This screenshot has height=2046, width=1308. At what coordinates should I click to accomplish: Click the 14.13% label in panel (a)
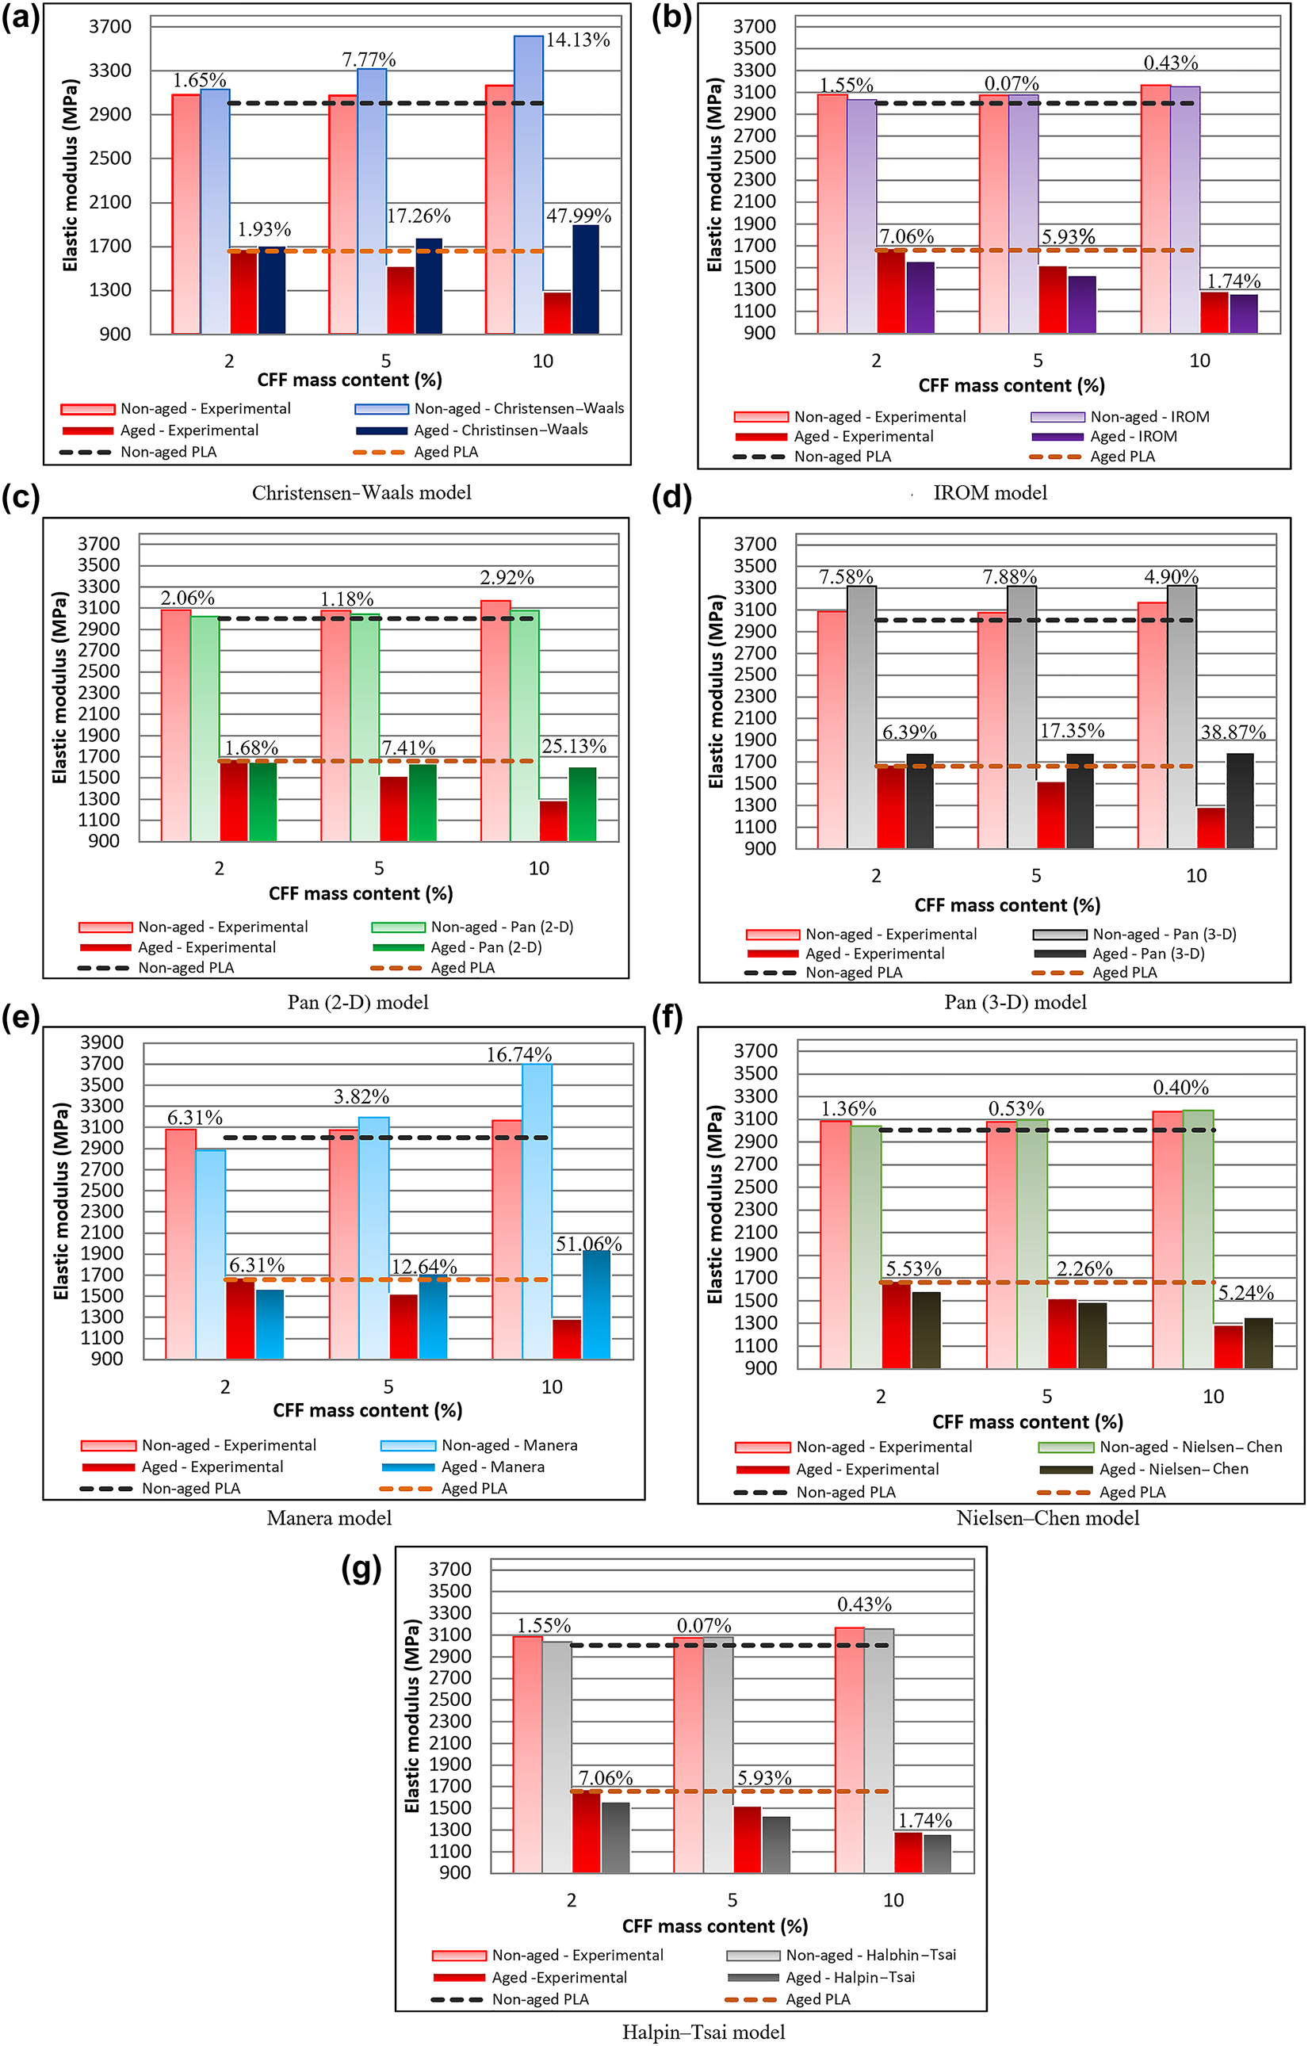[577, 40]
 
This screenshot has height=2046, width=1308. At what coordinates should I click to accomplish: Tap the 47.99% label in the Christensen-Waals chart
[578, 216]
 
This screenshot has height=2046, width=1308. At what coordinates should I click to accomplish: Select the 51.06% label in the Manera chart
[588, 1244]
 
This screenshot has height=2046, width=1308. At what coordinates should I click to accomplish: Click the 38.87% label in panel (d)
[1233, 732]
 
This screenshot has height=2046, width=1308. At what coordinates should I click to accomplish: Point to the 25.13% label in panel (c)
[574, 746]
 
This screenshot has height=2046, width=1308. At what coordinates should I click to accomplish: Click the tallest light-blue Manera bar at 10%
[537, 1207]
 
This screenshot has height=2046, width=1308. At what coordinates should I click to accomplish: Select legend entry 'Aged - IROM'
[1133, 436]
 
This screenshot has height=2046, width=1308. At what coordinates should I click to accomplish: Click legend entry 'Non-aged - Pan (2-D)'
[502, 926]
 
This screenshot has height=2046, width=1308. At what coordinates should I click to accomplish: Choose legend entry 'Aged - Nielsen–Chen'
[1173, 1468]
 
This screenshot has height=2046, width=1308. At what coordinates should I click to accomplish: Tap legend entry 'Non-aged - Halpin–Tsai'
[870, 1954]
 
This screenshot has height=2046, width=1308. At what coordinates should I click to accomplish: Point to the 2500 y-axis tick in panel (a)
[110, 158]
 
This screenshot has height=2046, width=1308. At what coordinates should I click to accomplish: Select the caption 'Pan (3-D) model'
[1015, 1002]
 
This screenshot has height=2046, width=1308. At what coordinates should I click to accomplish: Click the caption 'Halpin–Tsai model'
[703, 2032]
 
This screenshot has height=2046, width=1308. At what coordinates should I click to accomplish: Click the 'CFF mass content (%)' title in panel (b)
[1011, 386]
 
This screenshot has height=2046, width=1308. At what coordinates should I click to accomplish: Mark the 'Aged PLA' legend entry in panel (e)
[473, 1488]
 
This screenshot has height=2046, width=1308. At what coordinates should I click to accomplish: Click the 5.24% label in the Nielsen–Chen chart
[1245, 1292]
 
